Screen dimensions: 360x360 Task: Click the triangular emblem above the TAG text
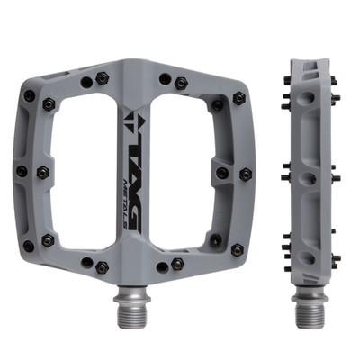tap(133, 121)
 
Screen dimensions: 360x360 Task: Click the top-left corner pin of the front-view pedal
tap(30, 96)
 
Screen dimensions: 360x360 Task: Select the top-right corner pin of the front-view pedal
tap(239, 98)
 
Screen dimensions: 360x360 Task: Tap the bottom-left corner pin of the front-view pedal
tap(29, 246)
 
